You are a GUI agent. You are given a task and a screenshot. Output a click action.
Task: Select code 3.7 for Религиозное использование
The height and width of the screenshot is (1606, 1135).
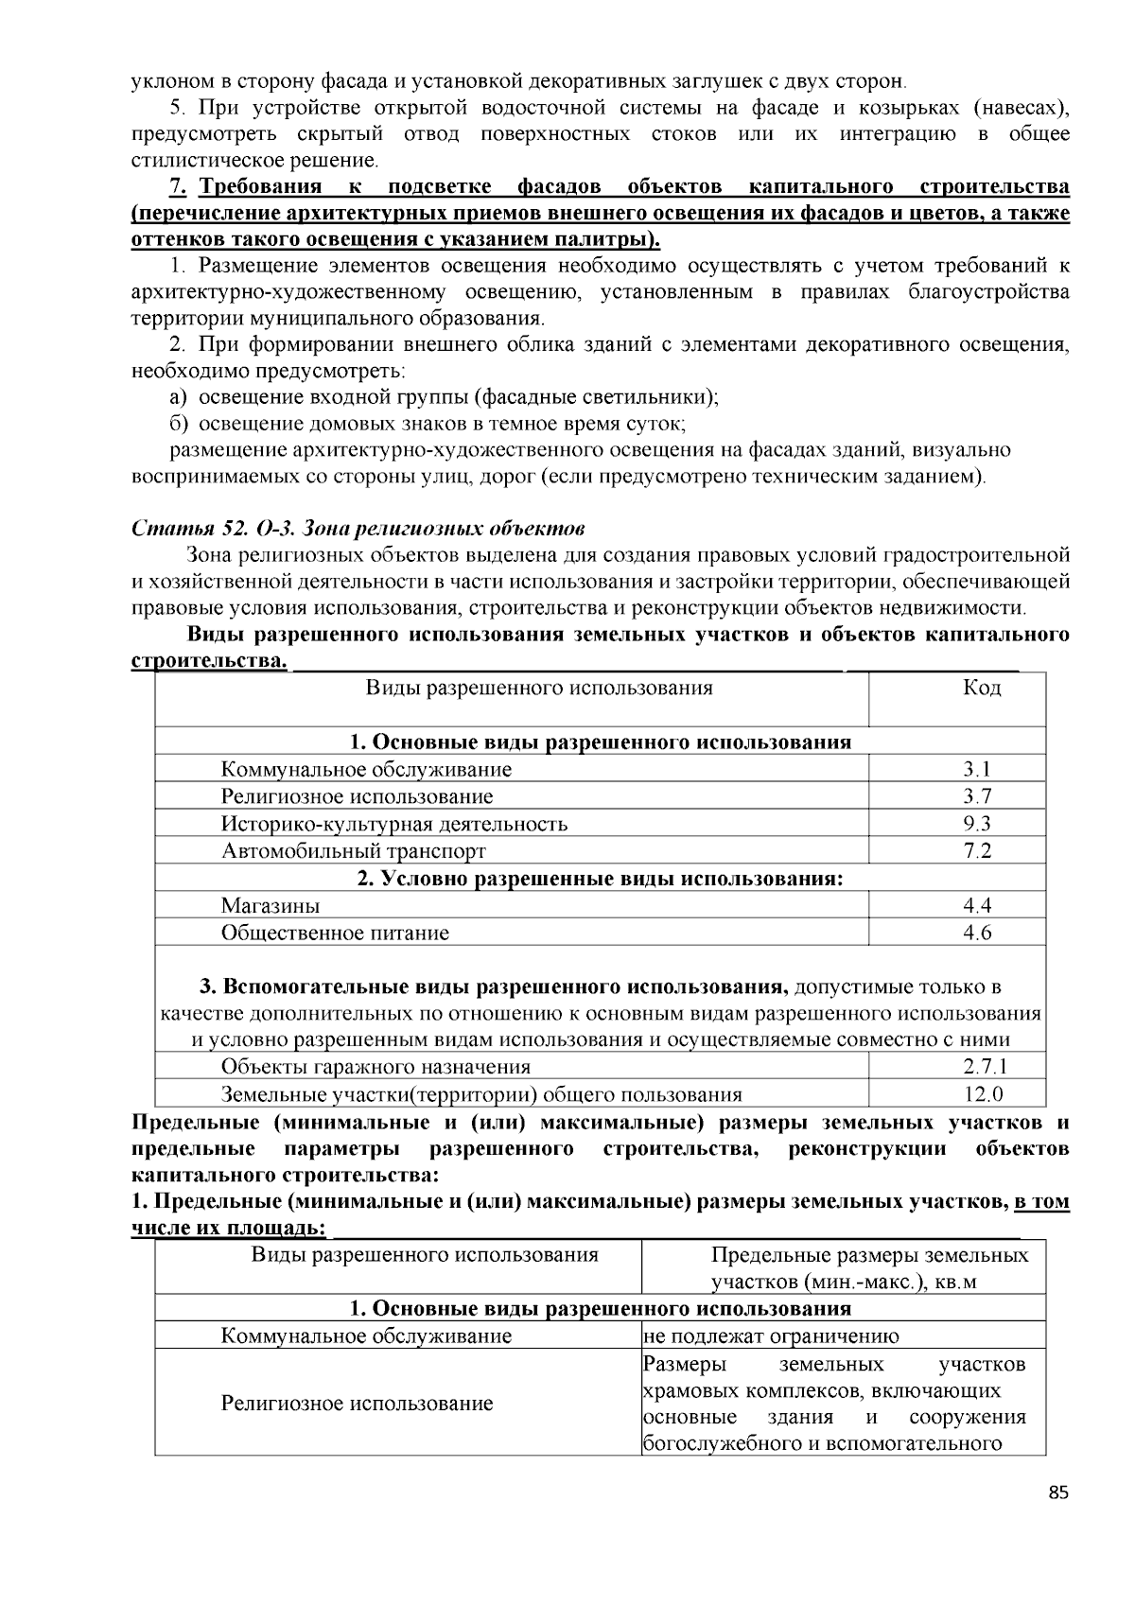(977, 796)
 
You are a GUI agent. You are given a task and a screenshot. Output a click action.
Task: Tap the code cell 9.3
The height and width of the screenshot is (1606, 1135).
(977, 823)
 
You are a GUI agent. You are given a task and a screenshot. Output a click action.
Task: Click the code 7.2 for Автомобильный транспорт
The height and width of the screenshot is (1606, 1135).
(977, 850)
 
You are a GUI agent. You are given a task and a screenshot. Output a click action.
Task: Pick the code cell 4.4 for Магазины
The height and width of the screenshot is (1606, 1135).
(977, 905)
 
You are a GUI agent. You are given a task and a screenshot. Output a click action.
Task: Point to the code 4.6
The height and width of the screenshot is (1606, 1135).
(977, 933)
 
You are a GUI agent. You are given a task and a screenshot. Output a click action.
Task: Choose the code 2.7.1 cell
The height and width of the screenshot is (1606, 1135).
(985, 1067)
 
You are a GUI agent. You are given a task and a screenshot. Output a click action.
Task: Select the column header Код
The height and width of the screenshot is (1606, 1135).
(981, 688)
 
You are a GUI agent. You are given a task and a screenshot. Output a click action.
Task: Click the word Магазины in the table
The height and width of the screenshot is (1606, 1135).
(271, 905)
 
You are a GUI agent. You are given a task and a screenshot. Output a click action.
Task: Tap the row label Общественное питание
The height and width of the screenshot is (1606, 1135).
(335, 933)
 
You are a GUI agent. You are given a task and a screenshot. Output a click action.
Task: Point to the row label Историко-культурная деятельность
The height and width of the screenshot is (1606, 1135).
(394, 823)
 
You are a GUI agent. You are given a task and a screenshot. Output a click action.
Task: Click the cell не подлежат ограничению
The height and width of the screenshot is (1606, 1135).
(770, 1335)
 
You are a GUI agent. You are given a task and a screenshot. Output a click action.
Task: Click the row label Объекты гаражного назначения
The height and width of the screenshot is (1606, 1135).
(375, 1067)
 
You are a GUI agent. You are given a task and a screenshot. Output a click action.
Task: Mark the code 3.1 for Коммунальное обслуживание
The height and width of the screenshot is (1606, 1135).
(977, 769)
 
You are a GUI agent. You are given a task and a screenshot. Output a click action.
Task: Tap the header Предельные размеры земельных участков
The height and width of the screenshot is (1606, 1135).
(869, 1268)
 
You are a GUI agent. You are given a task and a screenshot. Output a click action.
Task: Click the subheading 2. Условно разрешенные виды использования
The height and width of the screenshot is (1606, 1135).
(600, 878)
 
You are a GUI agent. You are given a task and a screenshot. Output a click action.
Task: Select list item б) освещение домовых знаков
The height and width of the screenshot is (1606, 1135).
(428, 423)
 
